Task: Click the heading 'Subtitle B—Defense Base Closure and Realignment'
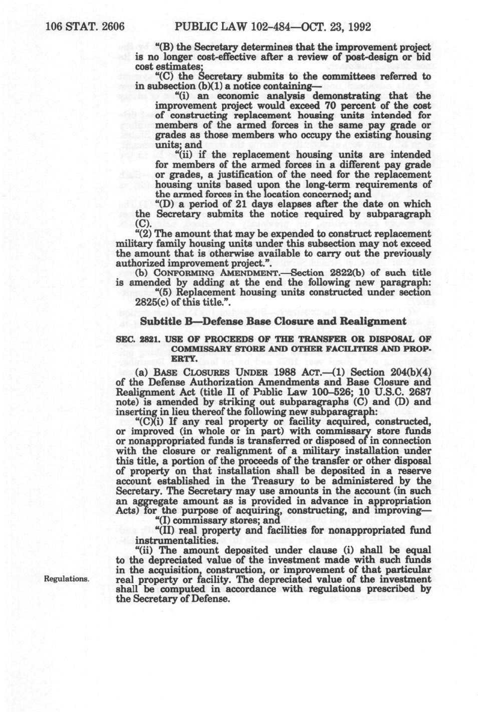coord(273,321)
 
